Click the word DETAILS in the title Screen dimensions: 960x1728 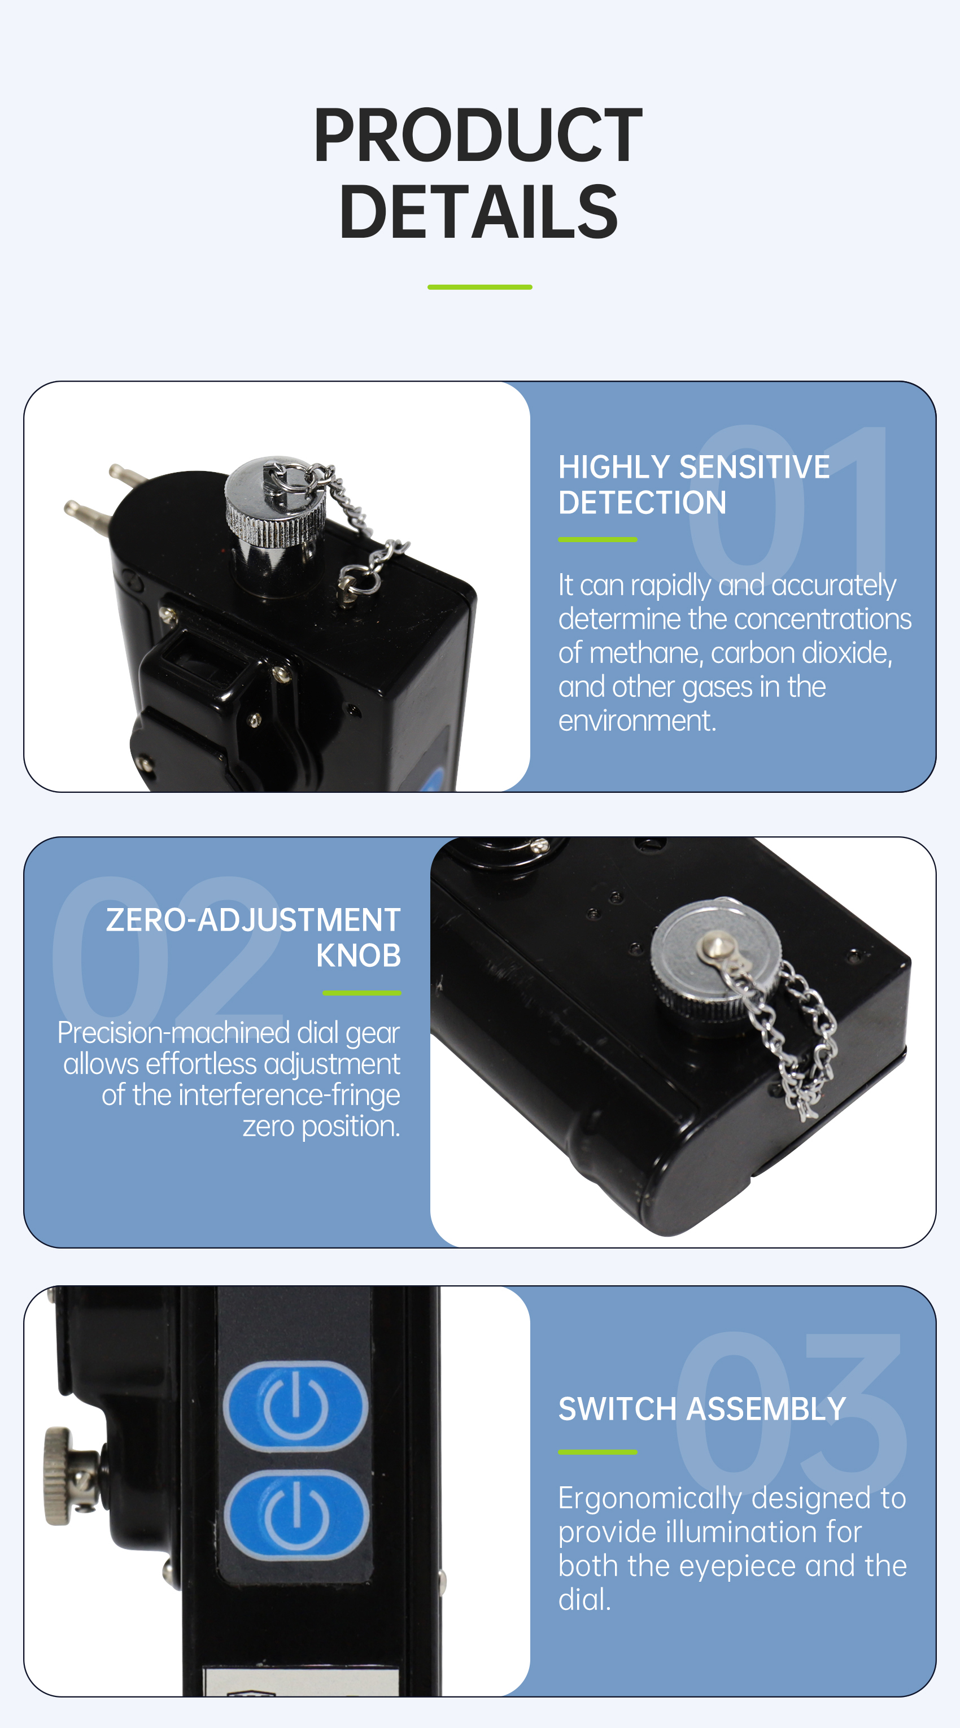point(478,212)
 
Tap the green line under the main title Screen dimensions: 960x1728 point(479,287)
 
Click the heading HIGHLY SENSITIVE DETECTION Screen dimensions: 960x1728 point(693,485)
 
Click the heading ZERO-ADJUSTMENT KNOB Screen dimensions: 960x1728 point(254,937)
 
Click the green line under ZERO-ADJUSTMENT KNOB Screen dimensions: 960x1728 point(361,993)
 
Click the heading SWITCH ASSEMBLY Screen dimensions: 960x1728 point(702,1409)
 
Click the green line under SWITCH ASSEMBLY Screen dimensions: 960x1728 point(597,1452)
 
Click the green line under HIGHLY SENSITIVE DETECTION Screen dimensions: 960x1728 point(597,539)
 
